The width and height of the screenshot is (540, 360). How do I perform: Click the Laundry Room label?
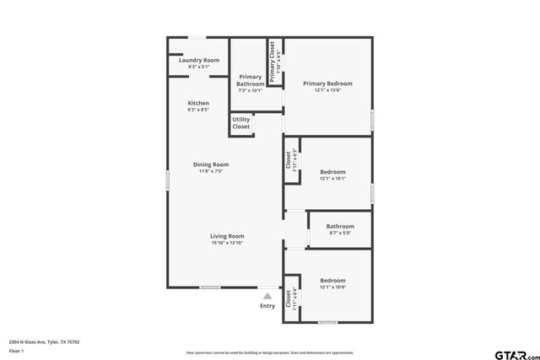pos(199,60)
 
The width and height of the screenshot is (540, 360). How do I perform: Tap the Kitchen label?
pos(198,103)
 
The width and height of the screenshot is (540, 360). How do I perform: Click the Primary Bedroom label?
pos(327,83)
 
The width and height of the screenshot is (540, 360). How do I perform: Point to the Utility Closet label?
pos(241,123)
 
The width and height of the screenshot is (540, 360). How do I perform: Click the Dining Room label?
pos(210,164)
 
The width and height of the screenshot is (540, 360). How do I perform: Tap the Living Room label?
pos(227,236)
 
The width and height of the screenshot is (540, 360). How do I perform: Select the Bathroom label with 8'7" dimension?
pos(340,226)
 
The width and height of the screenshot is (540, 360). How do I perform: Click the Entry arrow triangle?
pos(267,295)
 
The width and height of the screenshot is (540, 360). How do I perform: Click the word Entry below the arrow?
pos(267,306)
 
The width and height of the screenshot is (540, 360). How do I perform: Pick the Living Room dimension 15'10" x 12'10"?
pos(227,243)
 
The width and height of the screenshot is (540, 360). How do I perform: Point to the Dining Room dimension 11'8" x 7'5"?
pos(210,171)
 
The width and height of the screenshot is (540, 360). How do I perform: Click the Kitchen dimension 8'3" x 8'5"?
pos(198,110)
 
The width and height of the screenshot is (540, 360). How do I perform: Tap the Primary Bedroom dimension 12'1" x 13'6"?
pos(327,90)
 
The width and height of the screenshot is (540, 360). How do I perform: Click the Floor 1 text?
pos(16,350)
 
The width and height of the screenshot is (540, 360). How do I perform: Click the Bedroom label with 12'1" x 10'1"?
pos(332,172)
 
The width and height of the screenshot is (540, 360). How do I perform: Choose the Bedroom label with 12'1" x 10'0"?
pos(332,280)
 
